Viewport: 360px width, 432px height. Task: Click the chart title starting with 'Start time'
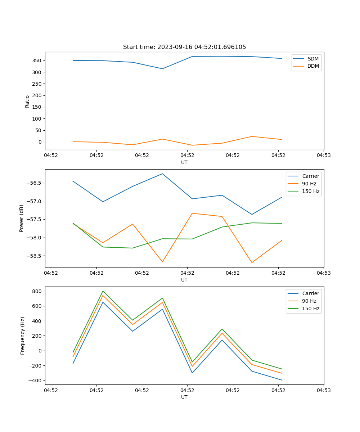tap(184, 47)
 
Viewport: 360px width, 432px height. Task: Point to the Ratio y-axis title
tap(27, 101)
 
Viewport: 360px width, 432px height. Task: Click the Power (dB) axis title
tap(22, 218)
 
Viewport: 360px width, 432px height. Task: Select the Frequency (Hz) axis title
tap(22, 336)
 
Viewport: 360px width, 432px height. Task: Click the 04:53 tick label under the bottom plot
tap(323, 390)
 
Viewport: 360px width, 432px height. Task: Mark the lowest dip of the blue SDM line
tap(162, 69)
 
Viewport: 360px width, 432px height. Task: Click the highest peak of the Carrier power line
tap(162, 174)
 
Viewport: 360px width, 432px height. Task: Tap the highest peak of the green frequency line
tap(103, 291)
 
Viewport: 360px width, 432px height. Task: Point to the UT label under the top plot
tap(184, 162)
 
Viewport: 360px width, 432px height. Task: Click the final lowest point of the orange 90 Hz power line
tap(252, 262)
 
